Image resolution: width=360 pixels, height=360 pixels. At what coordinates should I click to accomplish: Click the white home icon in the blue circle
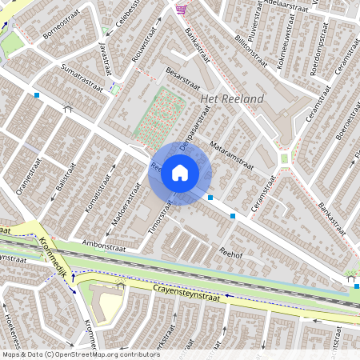coord(180,173)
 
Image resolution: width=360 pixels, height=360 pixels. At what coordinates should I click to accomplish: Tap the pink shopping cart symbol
coord(182,10)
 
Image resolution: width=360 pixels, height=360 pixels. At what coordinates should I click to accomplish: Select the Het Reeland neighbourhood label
coord(231,98)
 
